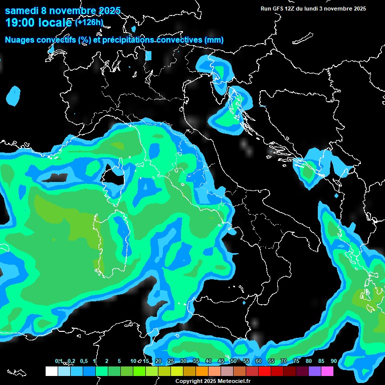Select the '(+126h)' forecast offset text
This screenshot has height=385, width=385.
coord(89,22)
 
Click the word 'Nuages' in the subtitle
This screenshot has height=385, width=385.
coord(20,40)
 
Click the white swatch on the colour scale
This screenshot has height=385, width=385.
coord(51,371)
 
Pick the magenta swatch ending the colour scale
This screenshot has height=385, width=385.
coord(327,371)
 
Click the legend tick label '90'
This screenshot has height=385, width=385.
coord(334,361)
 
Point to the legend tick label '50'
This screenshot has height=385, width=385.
coord(234,361)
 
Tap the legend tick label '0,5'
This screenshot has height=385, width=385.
coord(83,361)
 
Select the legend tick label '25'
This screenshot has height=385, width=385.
coord(171,361)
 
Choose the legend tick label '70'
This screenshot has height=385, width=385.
coord(284,361)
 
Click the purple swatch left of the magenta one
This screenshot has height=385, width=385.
coord(315,371)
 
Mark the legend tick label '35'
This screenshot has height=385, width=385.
coord(196,361)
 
